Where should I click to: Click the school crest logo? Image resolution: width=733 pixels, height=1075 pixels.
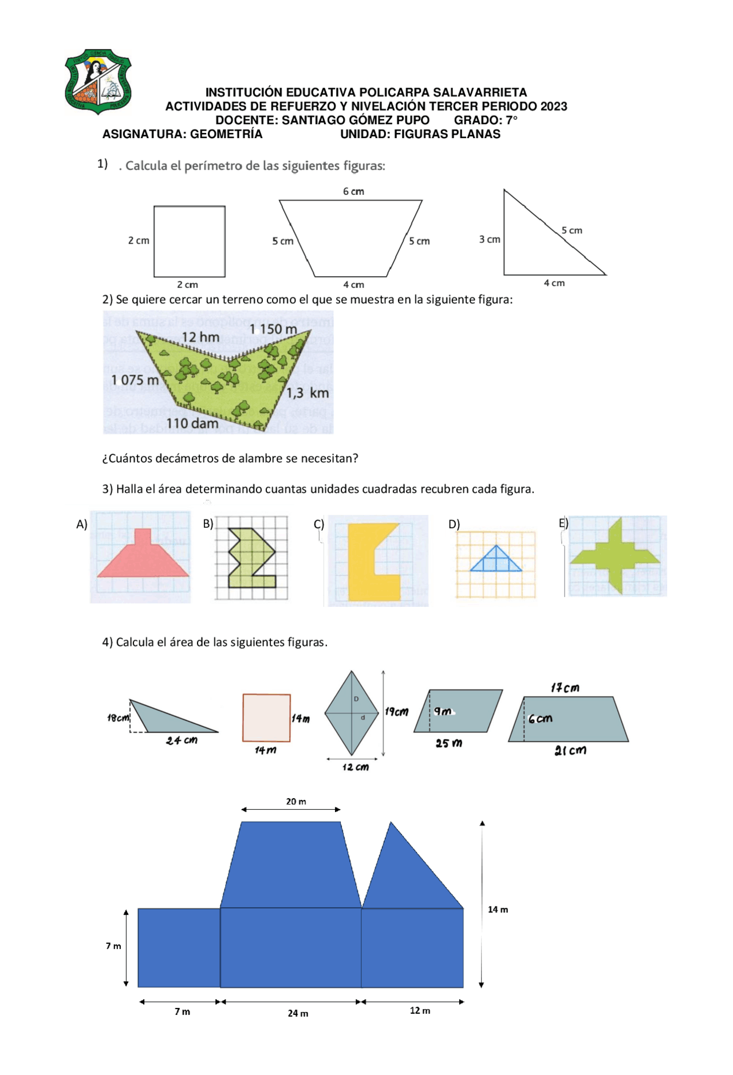(x=98, y=81)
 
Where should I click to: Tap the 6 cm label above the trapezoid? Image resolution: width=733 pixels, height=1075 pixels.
(x=353, y=191)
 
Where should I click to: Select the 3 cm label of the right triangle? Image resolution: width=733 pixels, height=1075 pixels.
(x=489, y=240)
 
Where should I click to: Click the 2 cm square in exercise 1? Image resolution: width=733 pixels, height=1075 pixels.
(x=190, y=241)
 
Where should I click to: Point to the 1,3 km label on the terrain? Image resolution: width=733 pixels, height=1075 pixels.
(x=308, y=393)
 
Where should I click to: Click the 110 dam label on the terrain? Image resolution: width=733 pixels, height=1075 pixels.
(x=192, y=423)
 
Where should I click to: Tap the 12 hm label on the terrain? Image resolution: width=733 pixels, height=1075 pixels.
(x=200, y=338)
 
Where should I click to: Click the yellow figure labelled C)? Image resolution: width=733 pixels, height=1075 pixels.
(x=365, y=564)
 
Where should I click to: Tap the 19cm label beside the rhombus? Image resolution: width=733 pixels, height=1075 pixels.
(x=397, y=712)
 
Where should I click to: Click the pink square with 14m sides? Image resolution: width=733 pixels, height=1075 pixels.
(x=266, y=717)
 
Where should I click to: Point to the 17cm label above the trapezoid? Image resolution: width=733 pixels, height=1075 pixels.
(x=565, y=688)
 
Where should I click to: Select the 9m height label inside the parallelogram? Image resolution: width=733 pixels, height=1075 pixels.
(x=442, y=711)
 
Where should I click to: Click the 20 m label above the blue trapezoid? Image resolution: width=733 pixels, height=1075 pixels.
(x=296, y=802)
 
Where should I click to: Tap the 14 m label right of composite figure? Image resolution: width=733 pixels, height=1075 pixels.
(x=498, y=909)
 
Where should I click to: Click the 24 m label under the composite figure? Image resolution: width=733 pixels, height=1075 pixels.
(x=298, y=1013)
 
